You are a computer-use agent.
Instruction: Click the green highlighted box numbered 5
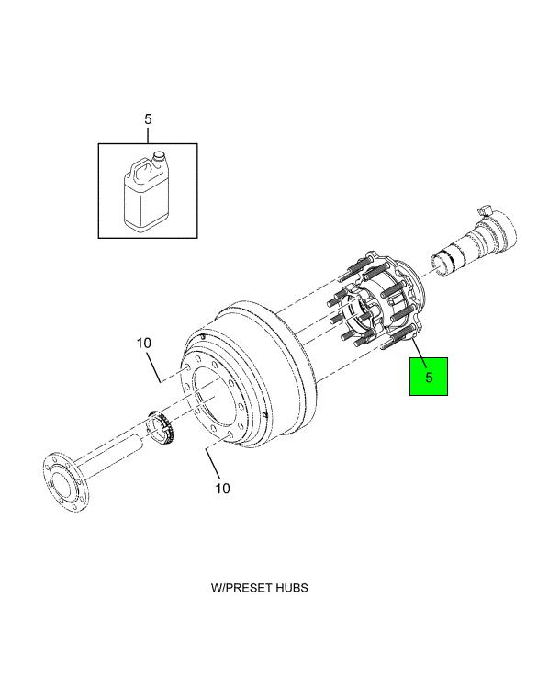[x=429, y=377]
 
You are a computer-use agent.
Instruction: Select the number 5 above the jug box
[x=148, y=119]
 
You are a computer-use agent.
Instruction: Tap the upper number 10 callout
[x=144, y=344]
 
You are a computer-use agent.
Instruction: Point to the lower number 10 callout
[x=223, y=488]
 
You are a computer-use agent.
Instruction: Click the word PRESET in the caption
[x=247, y=588]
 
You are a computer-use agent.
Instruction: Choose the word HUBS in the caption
[x=291, y=588]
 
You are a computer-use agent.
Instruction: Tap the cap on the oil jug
[x=159, y=157]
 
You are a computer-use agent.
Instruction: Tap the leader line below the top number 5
[x=148, y=135]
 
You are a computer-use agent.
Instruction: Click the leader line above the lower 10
[x=213, y=464]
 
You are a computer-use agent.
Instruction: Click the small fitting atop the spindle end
[x=485, y=209]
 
